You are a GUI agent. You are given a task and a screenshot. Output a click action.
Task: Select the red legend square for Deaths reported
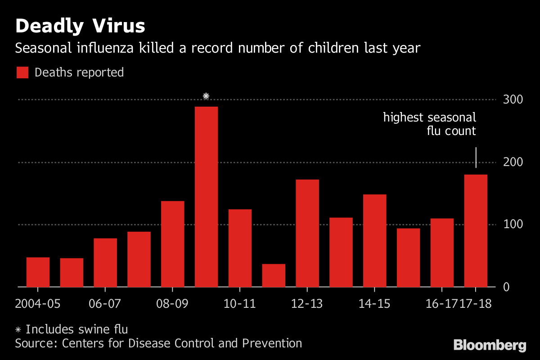(22, 72)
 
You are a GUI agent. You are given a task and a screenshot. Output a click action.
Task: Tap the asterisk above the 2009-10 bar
(206, 96)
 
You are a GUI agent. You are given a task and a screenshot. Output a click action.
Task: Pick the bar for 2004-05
(38, 272)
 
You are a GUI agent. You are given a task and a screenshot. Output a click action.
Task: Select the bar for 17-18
(476, 230)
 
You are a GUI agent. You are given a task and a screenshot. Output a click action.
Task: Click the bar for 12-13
(307, 233)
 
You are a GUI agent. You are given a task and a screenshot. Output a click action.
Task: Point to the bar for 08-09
(173, 244)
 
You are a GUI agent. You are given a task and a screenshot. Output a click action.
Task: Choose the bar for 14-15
(374, 240)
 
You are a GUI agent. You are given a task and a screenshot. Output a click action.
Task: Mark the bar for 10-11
(240, 248)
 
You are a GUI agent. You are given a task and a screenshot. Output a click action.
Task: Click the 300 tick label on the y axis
(513, 99)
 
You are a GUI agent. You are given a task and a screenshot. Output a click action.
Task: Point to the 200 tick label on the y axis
(513, 162)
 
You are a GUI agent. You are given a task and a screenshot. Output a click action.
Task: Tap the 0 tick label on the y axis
(507, 287)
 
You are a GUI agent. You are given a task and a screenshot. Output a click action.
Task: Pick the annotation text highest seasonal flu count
(429, 124)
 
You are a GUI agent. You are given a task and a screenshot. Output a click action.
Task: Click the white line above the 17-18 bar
(476, 157)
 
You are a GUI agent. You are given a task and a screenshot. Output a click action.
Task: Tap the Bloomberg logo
(490, 345)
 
